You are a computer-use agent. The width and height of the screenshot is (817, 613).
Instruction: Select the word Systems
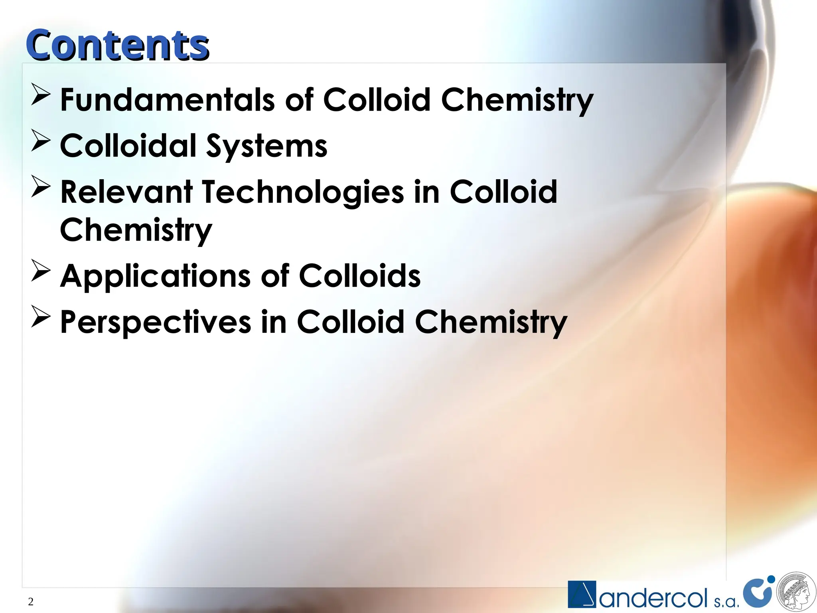[266, 146]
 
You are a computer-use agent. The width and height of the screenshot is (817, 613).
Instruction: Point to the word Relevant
[126, 192]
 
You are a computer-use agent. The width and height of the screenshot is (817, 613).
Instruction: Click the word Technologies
[303, 193]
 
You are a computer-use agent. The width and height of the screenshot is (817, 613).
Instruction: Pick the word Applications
[155, 276]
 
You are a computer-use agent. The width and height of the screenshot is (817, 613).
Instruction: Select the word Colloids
[359, 276]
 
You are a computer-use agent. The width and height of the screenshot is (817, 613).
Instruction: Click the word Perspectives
[156, 322]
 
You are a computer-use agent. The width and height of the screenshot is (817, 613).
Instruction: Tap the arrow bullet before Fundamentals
[41, 95]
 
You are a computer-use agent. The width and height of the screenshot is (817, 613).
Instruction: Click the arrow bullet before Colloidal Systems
[41, 141]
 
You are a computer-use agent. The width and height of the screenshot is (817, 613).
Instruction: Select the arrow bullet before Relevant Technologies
[41, 187]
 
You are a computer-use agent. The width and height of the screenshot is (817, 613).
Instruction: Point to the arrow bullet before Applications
[41, 271]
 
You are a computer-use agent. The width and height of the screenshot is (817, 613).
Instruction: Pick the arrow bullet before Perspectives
[41, 317]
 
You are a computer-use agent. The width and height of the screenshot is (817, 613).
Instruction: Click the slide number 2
[31, 602]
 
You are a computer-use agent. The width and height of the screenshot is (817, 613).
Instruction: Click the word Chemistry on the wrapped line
[136, 230]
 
